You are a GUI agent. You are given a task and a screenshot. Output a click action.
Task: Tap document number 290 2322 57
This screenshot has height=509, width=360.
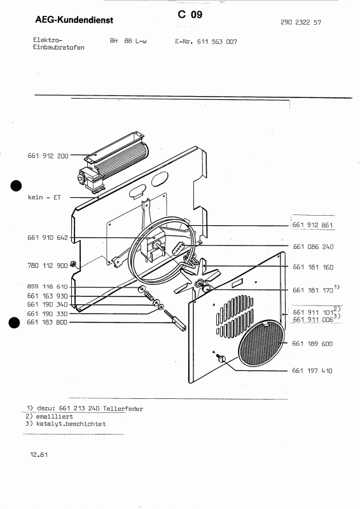pos(300,22)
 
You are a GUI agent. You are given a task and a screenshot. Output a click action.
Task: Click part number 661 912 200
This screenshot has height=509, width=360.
pos(48,155)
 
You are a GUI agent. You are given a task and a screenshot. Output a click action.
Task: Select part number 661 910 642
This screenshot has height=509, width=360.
pos(48,238)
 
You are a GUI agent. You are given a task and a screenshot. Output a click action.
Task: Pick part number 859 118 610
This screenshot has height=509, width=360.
pos(48,287)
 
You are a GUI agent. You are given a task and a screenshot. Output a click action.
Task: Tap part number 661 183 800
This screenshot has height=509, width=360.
pos(48,323)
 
